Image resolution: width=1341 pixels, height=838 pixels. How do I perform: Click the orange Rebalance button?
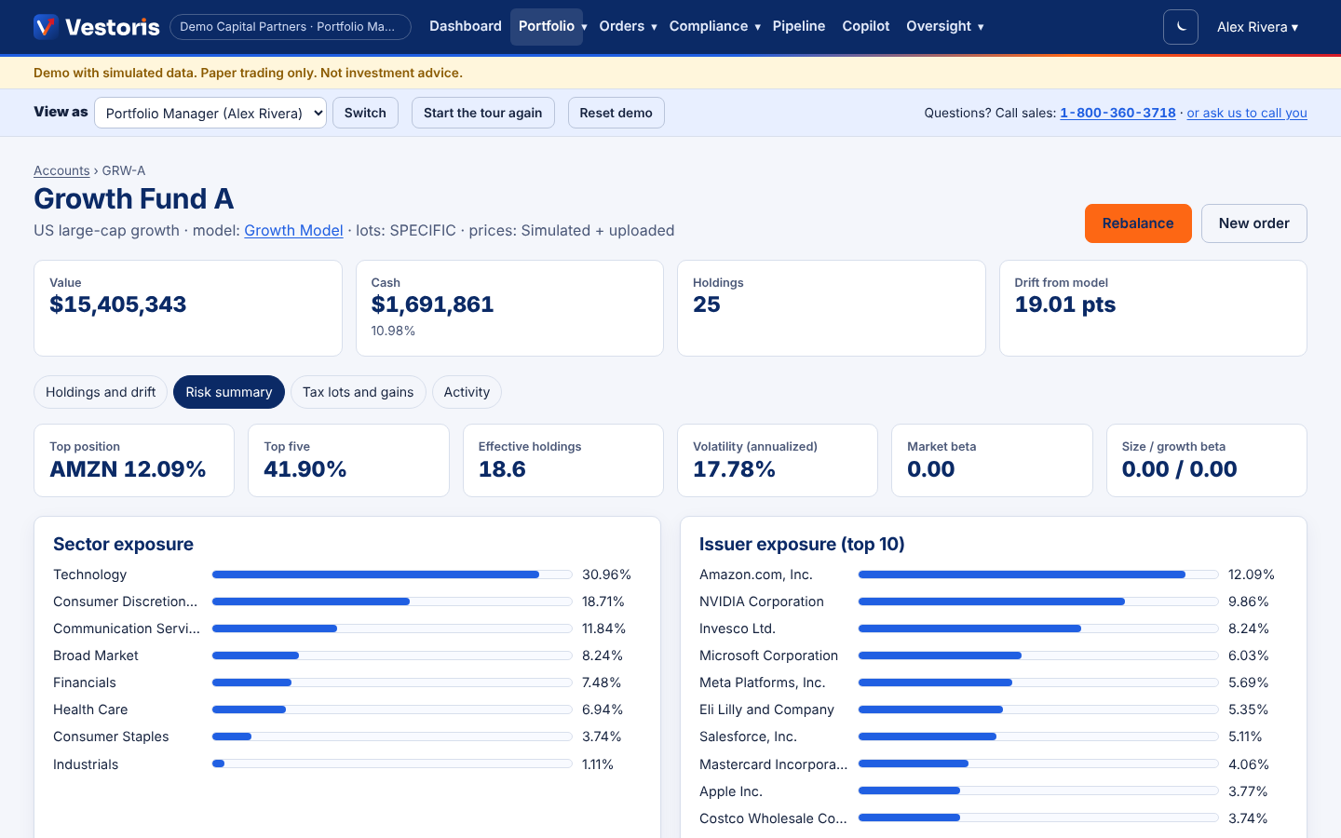pos(1137,223)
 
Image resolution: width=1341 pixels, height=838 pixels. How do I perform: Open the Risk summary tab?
pos(229,392)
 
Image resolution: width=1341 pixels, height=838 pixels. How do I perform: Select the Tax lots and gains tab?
pos(358,392)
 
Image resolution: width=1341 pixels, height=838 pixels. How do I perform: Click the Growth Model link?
pos(293,231)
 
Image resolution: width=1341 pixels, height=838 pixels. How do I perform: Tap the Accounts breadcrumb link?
pos(61,170)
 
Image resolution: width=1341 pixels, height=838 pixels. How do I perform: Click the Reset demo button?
pos(616,113)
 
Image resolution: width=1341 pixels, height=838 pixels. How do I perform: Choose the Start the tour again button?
pos(483,113)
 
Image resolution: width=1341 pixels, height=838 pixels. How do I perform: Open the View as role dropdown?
pos(210,113)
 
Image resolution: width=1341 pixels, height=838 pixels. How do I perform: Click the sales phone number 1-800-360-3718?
pos(1117,113)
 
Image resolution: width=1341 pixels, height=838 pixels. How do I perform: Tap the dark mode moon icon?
pos(1181,27)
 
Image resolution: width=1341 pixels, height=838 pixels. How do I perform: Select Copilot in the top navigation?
pos(866,26)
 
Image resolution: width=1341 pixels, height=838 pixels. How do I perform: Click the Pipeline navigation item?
pos(799,26)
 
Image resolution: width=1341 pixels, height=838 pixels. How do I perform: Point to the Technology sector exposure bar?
pos(375,574)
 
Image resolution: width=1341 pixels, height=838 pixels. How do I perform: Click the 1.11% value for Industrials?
pos(598,764)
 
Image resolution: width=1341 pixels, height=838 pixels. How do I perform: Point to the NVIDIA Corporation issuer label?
pos(762,601)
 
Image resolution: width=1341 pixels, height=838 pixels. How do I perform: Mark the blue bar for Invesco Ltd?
pos(969,628)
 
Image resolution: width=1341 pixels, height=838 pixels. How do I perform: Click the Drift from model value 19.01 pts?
pos(1065,304)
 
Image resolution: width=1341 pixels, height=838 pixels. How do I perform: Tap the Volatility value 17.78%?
pos(734,469)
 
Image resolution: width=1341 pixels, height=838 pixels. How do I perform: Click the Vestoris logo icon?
pos(46,27)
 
